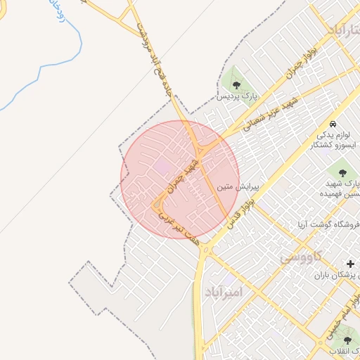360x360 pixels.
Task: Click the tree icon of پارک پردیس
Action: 236,84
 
